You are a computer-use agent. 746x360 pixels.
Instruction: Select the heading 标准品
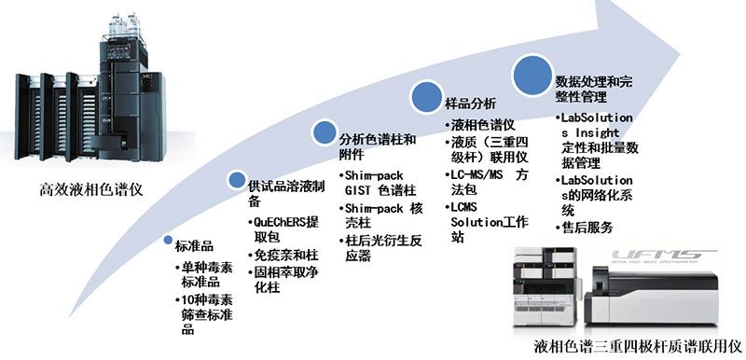[195, 246]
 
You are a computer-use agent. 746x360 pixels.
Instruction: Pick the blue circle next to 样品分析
[426, 94]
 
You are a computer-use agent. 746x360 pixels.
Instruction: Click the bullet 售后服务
[592, 228]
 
